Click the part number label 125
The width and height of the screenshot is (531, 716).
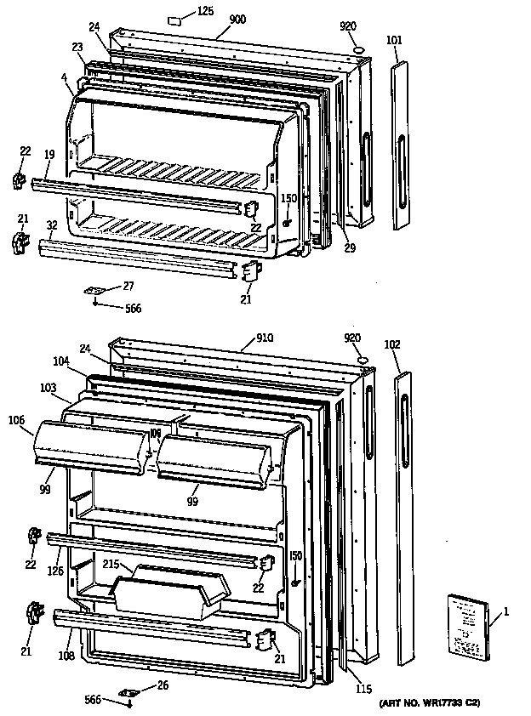[205, 11]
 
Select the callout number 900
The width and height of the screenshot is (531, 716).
[237, 19]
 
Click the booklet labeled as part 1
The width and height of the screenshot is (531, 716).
[467, 627]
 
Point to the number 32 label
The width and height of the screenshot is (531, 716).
[51, 225]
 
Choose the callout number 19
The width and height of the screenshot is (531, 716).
[49, 155]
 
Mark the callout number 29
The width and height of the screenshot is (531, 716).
[349, 248]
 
